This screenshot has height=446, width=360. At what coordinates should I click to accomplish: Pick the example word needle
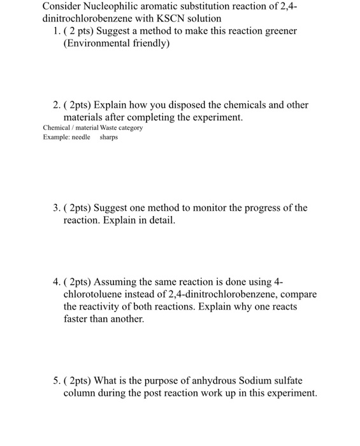point(80,137)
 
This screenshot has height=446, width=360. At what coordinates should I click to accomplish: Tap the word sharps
point(109,137)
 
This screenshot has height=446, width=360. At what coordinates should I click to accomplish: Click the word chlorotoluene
point(95,294)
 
